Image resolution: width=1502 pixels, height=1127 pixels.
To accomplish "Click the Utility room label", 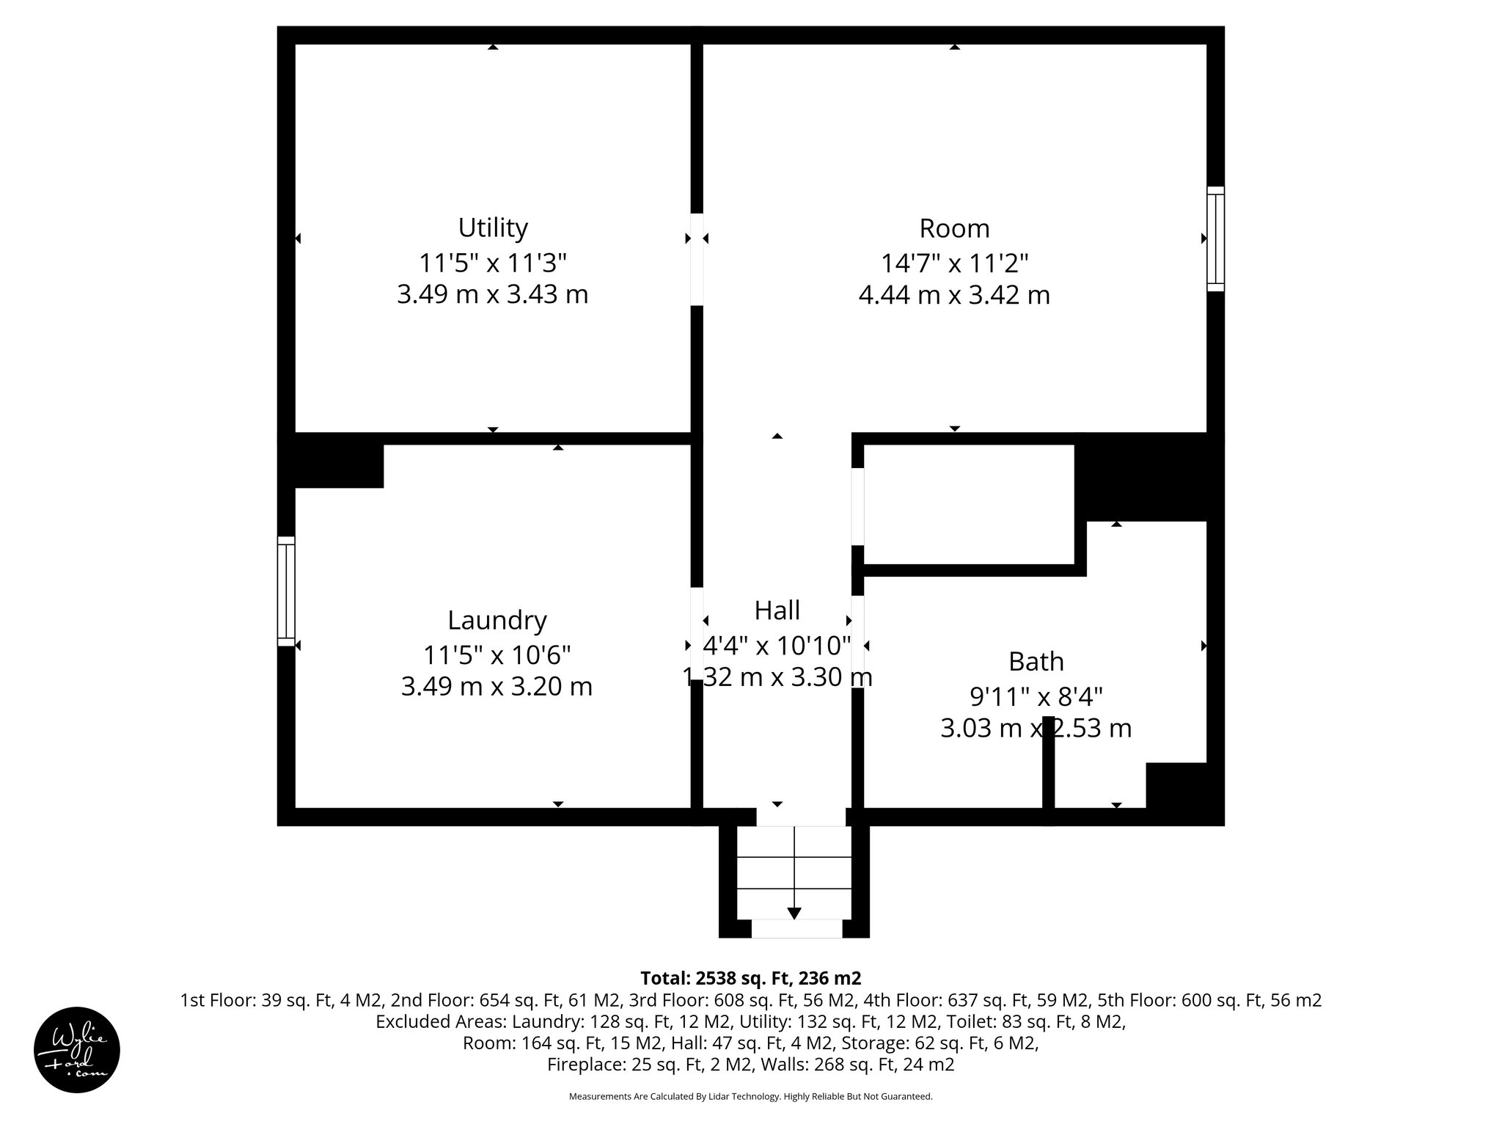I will coord(493,228).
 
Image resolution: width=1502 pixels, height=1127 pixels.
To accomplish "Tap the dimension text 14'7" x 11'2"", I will coord(954,263).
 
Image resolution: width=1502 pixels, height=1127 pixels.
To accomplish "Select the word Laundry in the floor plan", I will coord(497,621).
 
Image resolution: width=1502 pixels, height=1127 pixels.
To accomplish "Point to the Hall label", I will coord(777,610).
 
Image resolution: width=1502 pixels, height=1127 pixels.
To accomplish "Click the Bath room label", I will coord(1036,662).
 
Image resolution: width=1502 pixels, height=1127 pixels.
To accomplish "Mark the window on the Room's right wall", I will coord(1215,238).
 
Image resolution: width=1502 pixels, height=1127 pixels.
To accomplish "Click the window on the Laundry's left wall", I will coord(286,591).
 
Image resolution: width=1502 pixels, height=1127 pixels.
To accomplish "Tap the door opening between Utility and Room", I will coord(697,259).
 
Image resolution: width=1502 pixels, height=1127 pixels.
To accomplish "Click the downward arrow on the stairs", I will coord(794,912).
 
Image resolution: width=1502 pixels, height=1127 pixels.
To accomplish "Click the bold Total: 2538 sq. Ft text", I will coord(750,978).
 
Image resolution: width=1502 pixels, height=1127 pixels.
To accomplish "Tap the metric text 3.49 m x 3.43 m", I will coord(492,295).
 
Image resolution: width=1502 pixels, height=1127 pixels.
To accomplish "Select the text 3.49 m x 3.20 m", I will coord(497,687).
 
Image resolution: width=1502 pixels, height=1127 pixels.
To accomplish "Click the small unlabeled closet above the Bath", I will coord(968,504).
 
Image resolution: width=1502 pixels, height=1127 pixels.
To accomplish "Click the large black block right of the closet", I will coord(1149,478).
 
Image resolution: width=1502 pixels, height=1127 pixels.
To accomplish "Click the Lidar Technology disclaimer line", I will coord(750,1096).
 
